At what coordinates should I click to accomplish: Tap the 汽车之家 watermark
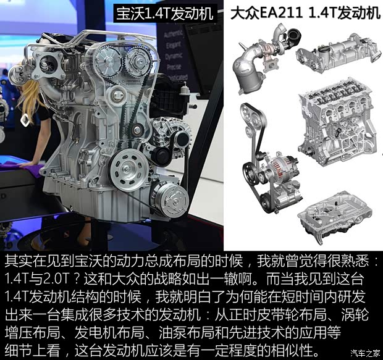pos(364,353)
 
